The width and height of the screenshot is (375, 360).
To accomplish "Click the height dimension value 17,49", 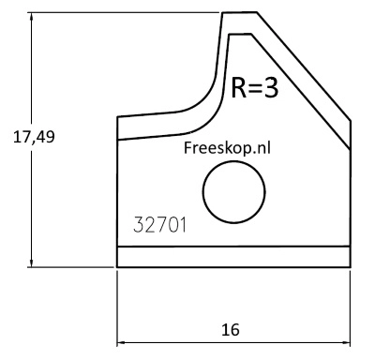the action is tap(34, 137).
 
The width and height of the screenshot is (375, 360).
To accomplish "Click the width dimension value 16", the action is tap(231, 330).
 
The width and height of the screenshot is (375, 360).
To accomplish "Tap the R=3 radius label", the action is tap(255, 88).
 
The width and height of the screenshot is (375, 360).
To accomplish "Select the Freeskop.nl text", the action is tap(227, 147).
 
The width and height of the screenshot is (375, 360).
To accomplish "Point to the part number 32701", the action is tap(159, 225).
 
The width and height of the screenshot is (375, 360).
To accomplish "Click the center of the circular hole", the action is tap(234, 192).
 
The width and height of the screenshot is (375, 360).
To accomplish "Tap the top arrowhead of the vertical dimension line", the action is tap(31, 18).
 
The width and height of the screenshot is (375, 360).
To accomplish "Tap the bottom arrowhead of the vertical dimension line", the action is tap(31, 262).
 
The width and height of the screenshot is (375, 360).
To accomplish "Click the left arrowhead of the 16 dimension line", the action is tap(122, 343).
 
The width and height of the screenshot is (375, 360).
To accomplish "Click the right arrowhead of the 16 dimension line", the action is tap(345, 343).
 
